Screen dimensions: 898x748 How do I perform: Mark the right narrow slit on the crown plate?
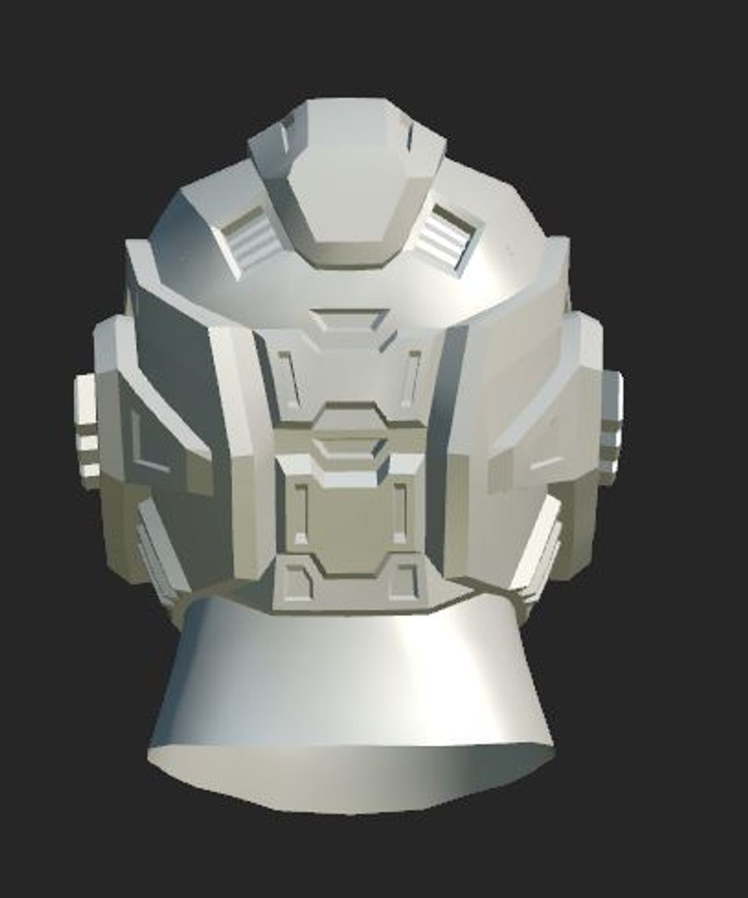tap(409, 133)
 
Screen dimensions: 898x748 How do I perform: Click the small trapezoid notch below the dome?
tap(349, 320)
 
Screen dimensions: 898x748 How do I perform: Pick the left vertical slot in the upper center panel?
tap(289, 379)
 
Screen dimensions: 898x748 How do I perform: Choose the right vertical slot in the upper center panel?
tap(410, 378)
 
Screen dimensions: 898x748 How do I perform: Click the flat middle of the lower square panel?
tap(349, 520)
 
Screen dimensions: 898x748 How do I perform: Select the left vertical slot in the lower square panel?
tap(300, 512)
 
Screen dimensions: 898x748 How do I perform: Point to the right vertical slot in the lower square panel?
tap(400, 511)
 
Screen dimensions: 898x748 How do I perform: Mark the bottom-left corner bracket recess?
tap(295, 581)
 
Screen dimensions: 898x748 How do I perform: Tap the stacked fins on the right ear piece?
tap(611, 428)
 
